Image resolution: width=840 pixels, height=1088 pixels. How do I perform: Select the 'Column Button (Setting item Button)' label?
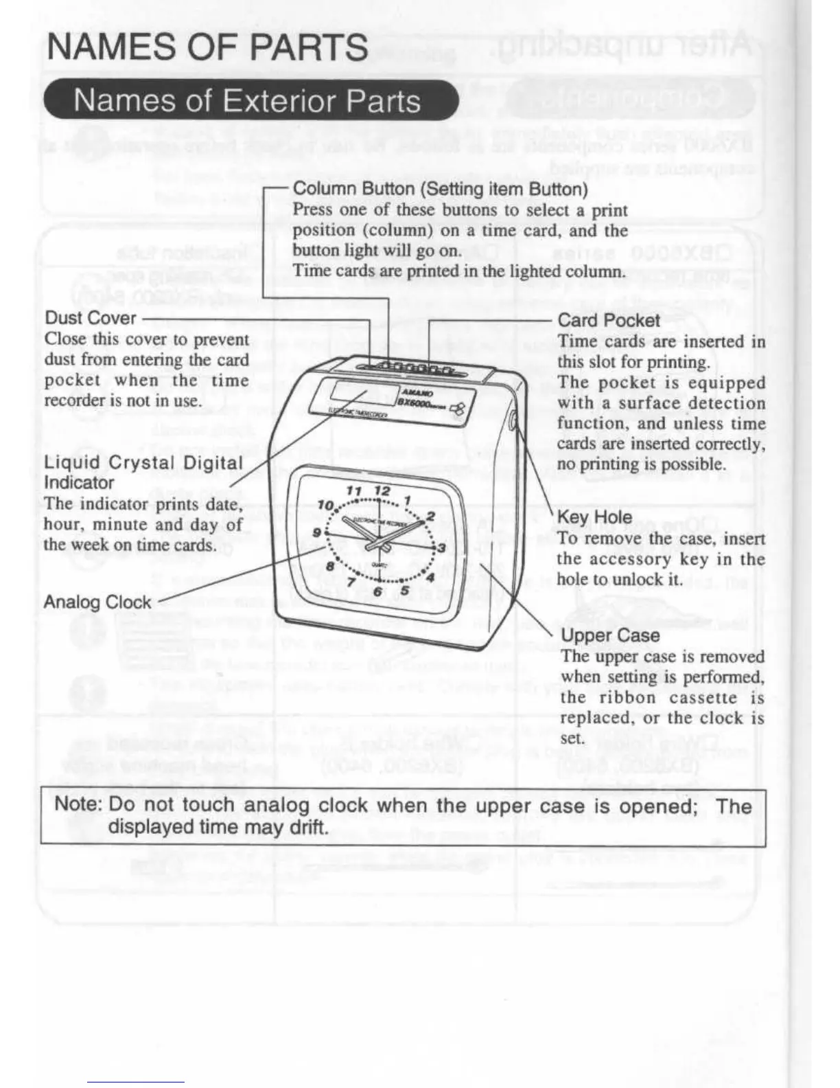pyautogui.click(x=440, y=188)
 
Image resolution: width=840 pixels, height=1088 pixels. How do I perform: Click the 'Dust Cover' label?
pyautogui.click(x=91, y=318)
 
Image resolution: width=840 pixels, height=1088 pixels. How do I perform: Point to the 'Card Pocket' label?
pyautogui.click(x=608, y=320)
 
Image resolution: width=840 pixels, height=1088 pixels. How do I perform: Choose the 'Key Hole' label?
pyautogui.click(x=594, y=517)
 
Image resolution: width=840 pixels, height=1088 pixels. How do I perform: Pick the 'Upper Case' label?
pyautogui.click(x=610, y=635)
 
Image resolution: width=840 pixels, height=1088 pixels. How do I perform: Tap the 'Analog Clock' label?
pyautogui.click(x=97, y=602)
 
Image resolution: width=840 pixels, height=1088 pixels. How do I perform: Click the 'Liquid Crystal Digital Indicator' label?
pyautogui.click(x=143, y=473)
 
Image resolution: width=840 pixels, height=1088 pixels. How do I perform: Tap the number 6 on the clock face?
pyautogui.click(x=377, y=592)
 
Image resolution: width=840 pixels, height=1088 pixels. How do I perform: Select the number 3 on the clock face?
pyautogui.click(x=441, y=547)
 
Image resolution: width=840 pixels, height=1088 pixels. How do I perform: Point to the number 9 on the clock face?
pyautogui.click(x=317, y=532)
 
